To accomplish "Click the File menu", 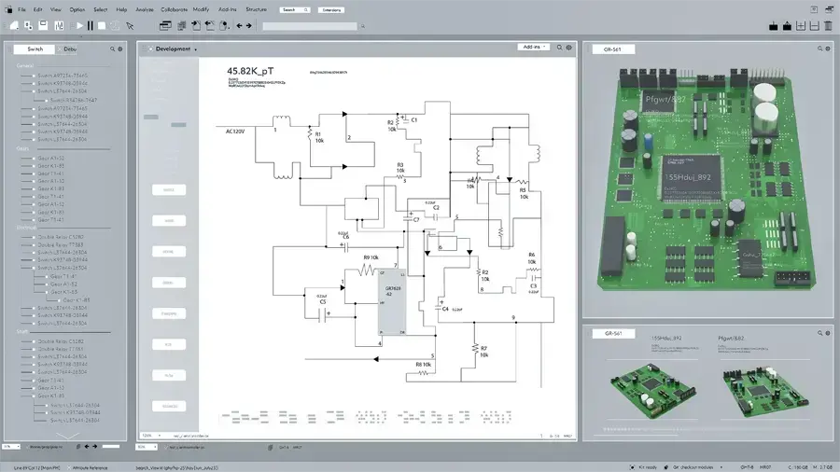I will click(21, 9).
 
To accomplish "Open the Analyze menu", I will click(145, 9).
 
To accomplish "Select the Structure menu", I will click(257, 9).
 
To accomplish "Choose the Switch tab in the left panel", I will click(35, 49).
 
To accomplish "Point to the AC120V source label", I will click(230, 132).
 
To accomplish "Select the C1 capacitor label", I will click(414, 120).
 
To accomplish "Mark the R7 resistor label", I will click(483, 347).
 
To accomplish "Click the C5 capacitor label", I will click(323, 302).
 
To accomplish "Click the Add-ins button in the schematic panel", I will click(533, 47).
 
